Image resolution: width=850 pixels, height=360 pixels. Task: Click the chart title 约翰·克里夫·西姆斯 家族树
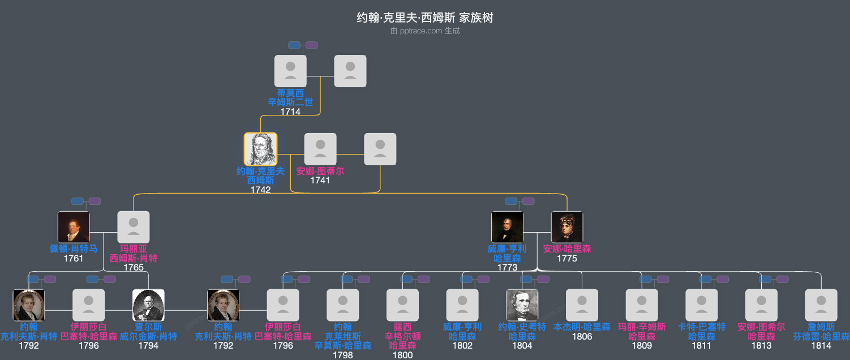click(424, 18)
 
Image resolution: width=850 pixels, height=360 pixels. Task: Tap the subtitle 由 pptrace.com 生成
click(424, 31)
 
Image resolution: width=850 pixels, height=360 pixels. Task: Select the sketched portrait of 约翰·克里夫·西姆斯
click(260, 149)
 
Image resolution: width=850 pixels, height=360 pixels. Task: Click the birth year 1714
click(290, 112)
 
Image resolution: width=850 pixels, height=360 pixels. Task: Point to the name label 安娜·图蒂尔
click(320, 171)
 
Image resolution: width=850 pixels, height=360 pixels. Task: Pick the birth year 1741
click(320, 181)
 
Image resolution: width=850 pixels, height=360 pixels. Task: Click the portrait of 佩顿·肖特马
click(74, 227)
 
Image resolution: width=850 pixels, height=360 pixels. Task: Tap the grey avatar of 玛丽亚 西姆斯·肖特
click(134, 227)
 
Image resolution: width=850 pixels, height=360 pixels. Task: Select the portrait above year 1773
click(507, 227)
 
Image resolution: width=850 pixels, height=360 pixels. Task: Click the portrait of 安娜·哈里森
click(567, 227)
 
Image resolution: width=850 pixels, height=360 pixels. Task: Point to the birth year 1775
click(567, 259)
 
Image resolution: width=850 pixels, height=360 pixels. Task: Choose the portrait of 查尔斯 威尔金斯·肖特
click(148, 305)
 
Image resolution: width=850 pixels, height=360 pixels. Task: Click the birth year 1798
click(343, 355)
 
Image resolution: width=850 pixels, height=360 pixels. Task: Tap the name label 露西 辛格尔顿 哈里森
click(402, 336)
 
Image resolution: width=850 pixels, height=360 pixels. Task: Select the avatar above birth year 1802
click(462, 305)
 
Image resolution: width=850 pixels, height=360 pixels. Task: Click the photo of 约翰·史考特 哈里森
click(522, 305)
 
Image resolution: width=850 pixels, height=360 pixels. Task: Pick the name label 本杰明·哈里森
click(582, 327)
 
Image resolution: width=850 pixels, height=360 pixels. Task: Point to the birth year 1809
click(642, 345)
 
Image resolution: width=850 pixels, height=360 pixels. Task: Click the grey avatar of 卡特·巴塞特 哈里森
click(702, 305)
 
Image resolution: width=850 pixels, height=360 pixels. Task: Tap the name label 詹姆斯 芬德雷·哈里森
click(821, 332)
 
